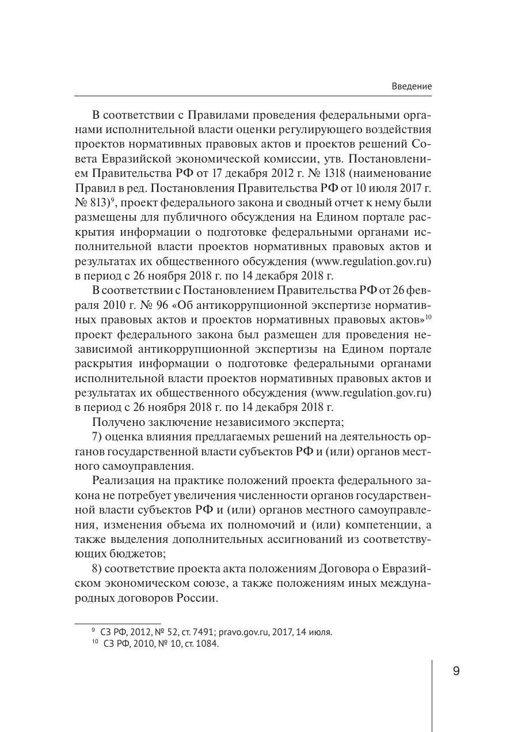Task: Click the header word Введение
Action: point(411,86)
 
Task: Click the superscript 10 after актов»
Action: point(428,316)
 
